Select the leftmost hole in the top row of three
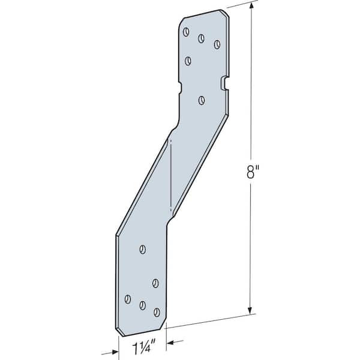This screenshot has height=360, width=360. pyautogui.click(x=187, y=32)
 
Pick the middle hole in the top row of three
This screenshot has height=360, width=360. pyautogui.click(x=202, y=38)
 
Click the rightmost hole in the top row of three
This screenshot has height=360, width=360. pyautogui.click(x=217, y=44)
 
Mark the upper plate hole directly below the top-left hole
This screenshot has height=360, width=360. pyautogui.click(x=188, y=60)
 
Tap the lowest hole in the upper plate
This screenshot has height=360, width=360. pyautogui.click(x=202, y=100)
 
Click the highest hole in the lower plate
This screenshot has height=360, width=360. pyautogui.click(x=142, y=248)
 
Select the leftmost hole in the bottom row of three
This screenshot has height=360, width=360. pyautogui.click(x=127, y=298)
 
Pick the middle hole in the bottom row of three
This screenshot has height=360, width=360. pyautogui.click(x=142, y=305)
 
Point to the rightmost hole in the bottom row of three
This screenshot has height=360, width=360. pyautogui.click(x=157, y=312)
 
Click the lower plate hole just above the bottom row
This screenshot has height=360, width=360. pyautogui.click(x=155, y=283)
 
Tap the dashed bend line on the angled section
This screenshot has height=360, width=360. pyautogui.click(x=171, y=174)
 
